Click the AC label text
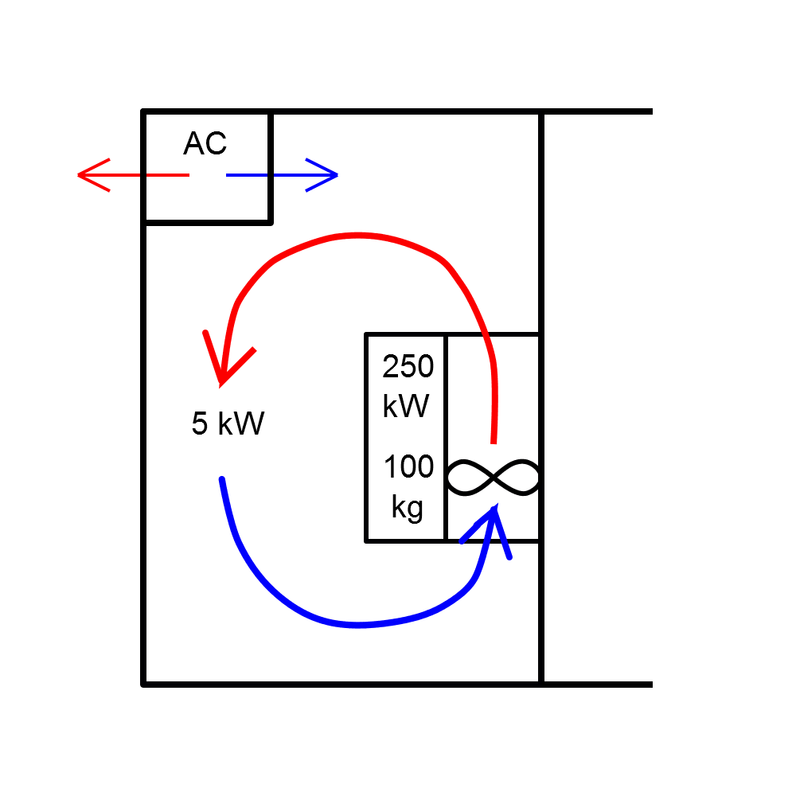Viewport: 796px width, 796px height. (205, 143)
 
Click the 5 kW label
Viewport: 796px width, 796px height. (227, 423)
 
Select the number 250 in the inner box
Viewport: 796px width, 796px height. (408, 367)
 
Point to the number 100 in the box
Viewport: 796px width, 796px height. (408, 466)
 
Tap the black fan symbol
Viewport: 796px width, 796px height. (494, 478)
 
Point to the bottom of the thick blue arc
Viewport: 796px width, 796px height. (358, 625)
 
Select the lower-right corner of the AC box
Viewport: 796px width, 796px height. (271, 222)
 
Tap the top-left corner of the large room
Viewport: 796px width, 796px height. (143, 111)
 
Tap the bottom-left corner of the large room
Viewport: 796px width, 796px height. (143, 683)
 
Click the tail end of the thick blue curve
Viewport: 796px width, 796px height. (221, 479)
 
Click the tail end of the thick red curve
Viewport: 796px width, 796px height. (494, 441)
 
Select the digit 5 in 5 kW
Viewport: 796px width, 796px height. (199, 423)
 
